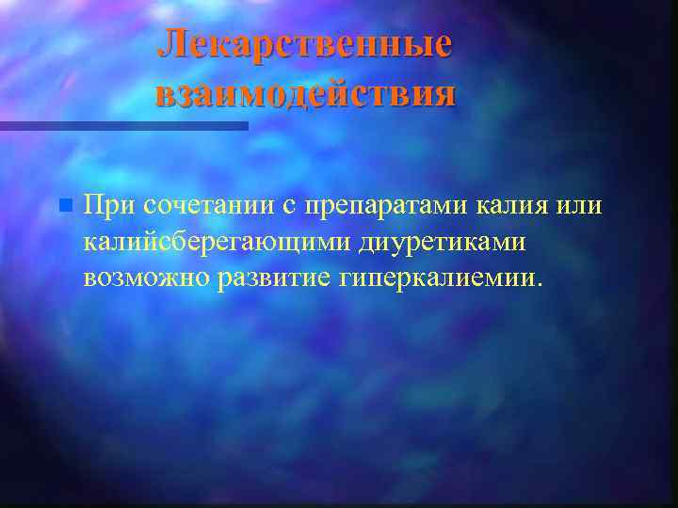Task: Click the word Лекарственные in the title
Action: click(x=304, y=44)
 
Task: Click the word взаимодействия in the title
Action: click(x=305, y=94)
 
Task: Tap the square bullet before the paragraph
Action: click(x=63, y=204)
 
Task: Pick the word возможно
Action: click(x=148, y=279)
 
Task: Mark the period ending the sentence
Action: click(x=540, y=285)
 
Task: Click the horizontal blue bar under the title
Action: click(x=123, y=125)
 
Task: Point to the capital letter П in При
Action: click(x=92, y=203)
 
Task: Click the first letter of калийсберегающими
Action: click(x=89, y=243)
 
